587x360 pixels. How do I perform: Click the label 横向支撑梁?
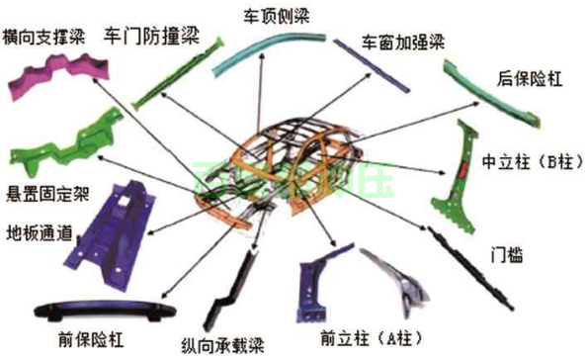47,37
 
